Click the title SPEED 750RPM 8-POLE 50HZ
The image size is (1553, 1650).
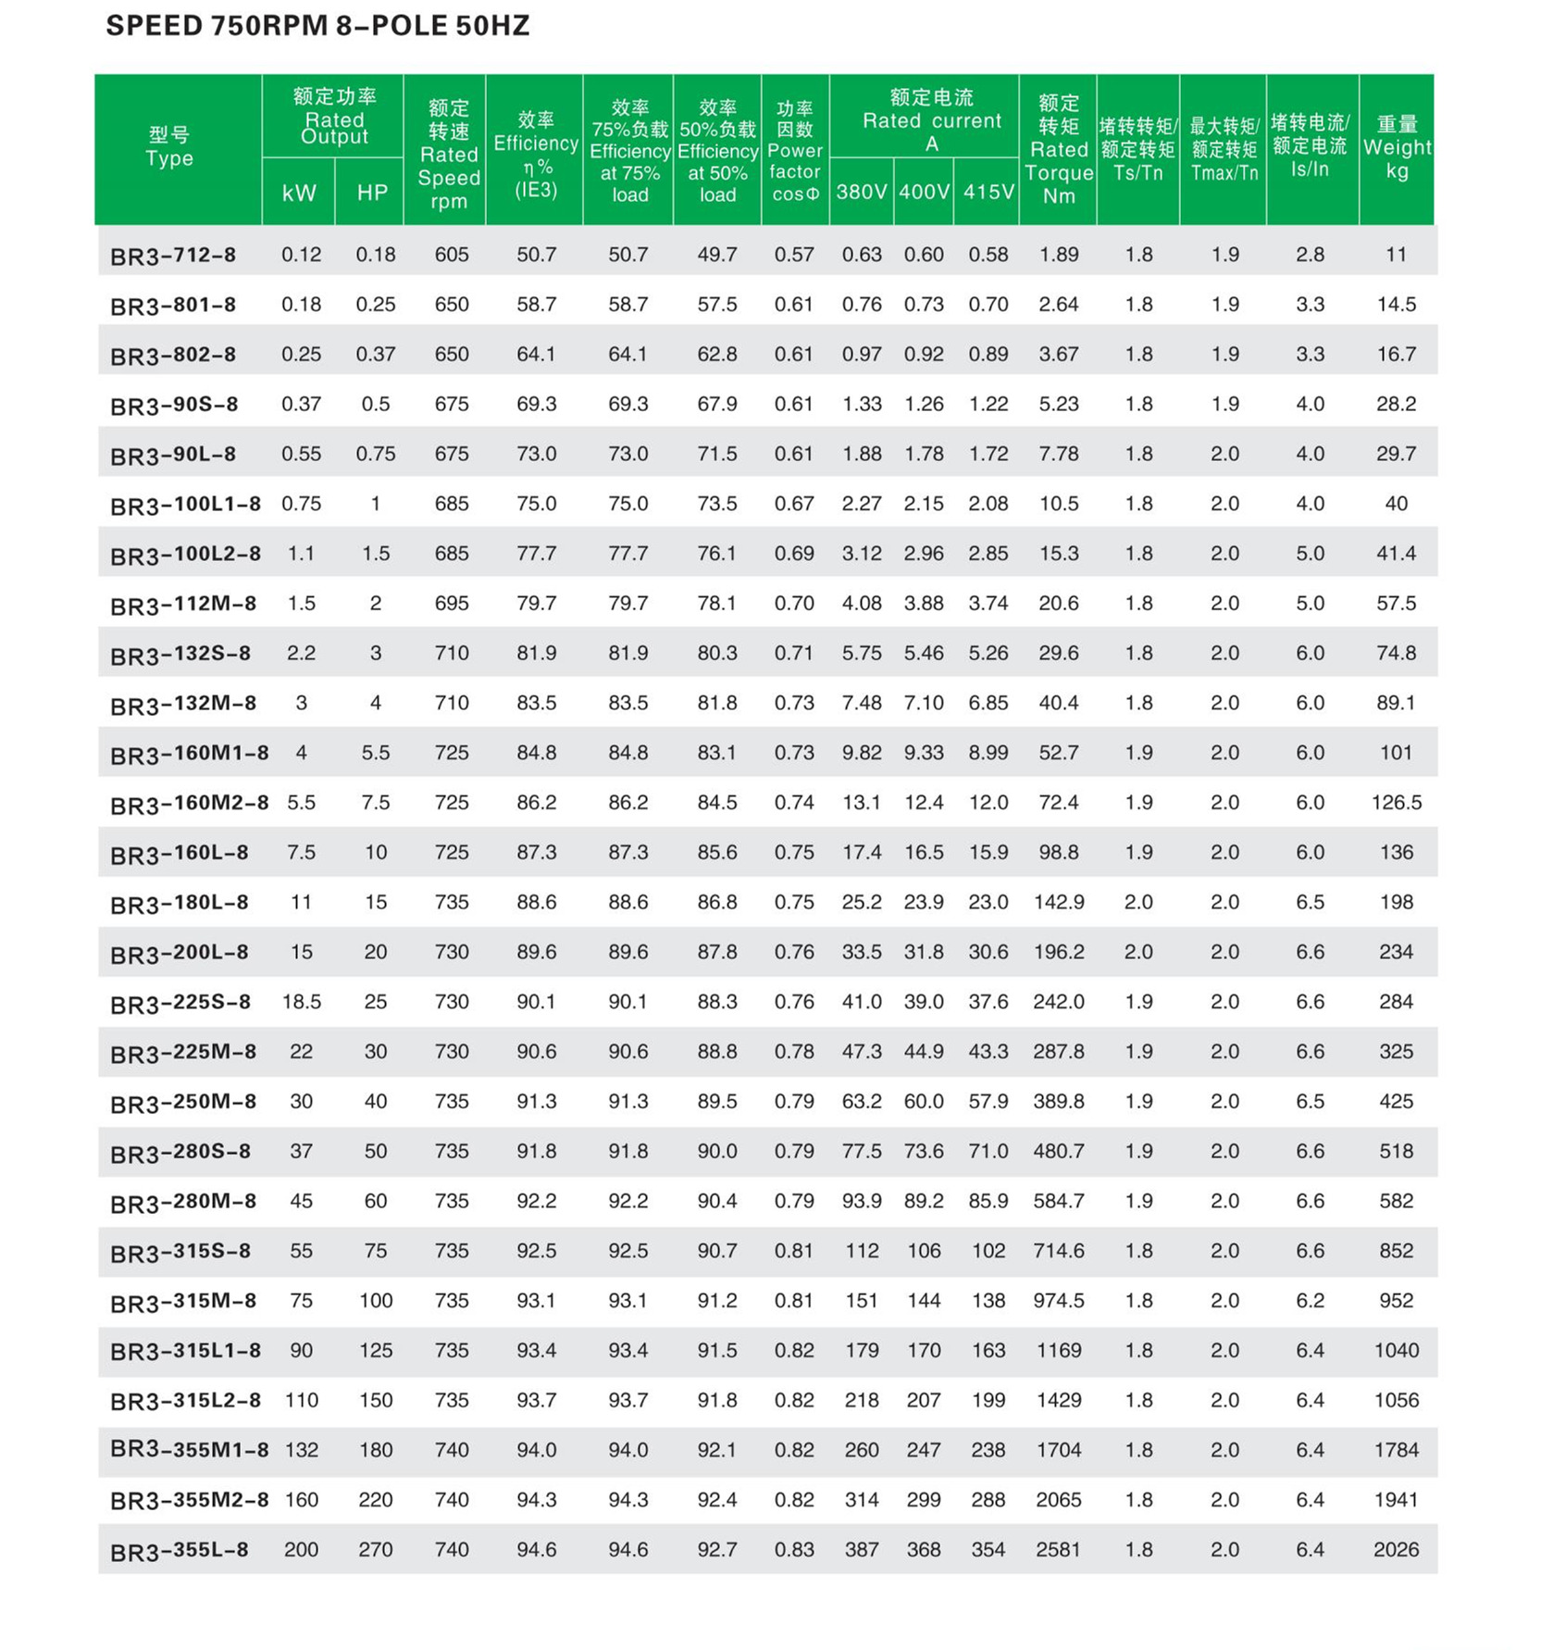click(317, 26)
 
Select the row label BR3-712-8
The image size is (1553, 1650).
click(173, 256)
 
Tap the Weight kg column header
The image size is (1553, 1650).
click(1396, 148)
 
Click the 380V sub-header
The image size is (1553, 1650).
click(861, 192)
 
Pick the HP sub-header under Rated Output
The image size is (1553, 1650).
click(372, 193)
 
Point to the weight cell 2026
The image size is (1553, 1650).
click(1396, 1550)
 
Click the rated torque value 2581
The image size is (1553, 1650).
click(1059, 1550)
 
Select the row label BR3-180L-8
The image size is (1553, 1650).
click(180, 903)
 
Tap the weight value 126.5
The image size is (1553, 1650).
click(1396, 803)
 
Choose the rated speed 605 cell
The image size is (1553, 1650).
click(452, 255)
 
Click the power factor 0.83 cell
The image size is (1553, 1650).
click(794, 1550)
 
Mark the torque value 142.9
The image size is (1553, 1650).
click(1059, 903)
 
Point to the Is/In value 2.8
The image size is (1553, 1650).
click(1310, 255)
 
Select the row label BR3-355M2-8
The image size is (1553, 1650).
click(190, 1500)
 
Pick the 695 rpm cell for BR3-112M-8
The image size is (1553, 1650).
click(452, 604)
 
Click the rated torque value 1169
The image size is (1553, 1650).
click(1059, 1351)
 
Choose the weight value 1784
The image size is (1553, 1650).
click(1396, 1450)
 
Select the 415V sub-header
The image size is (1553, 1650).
click(988, 192)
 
